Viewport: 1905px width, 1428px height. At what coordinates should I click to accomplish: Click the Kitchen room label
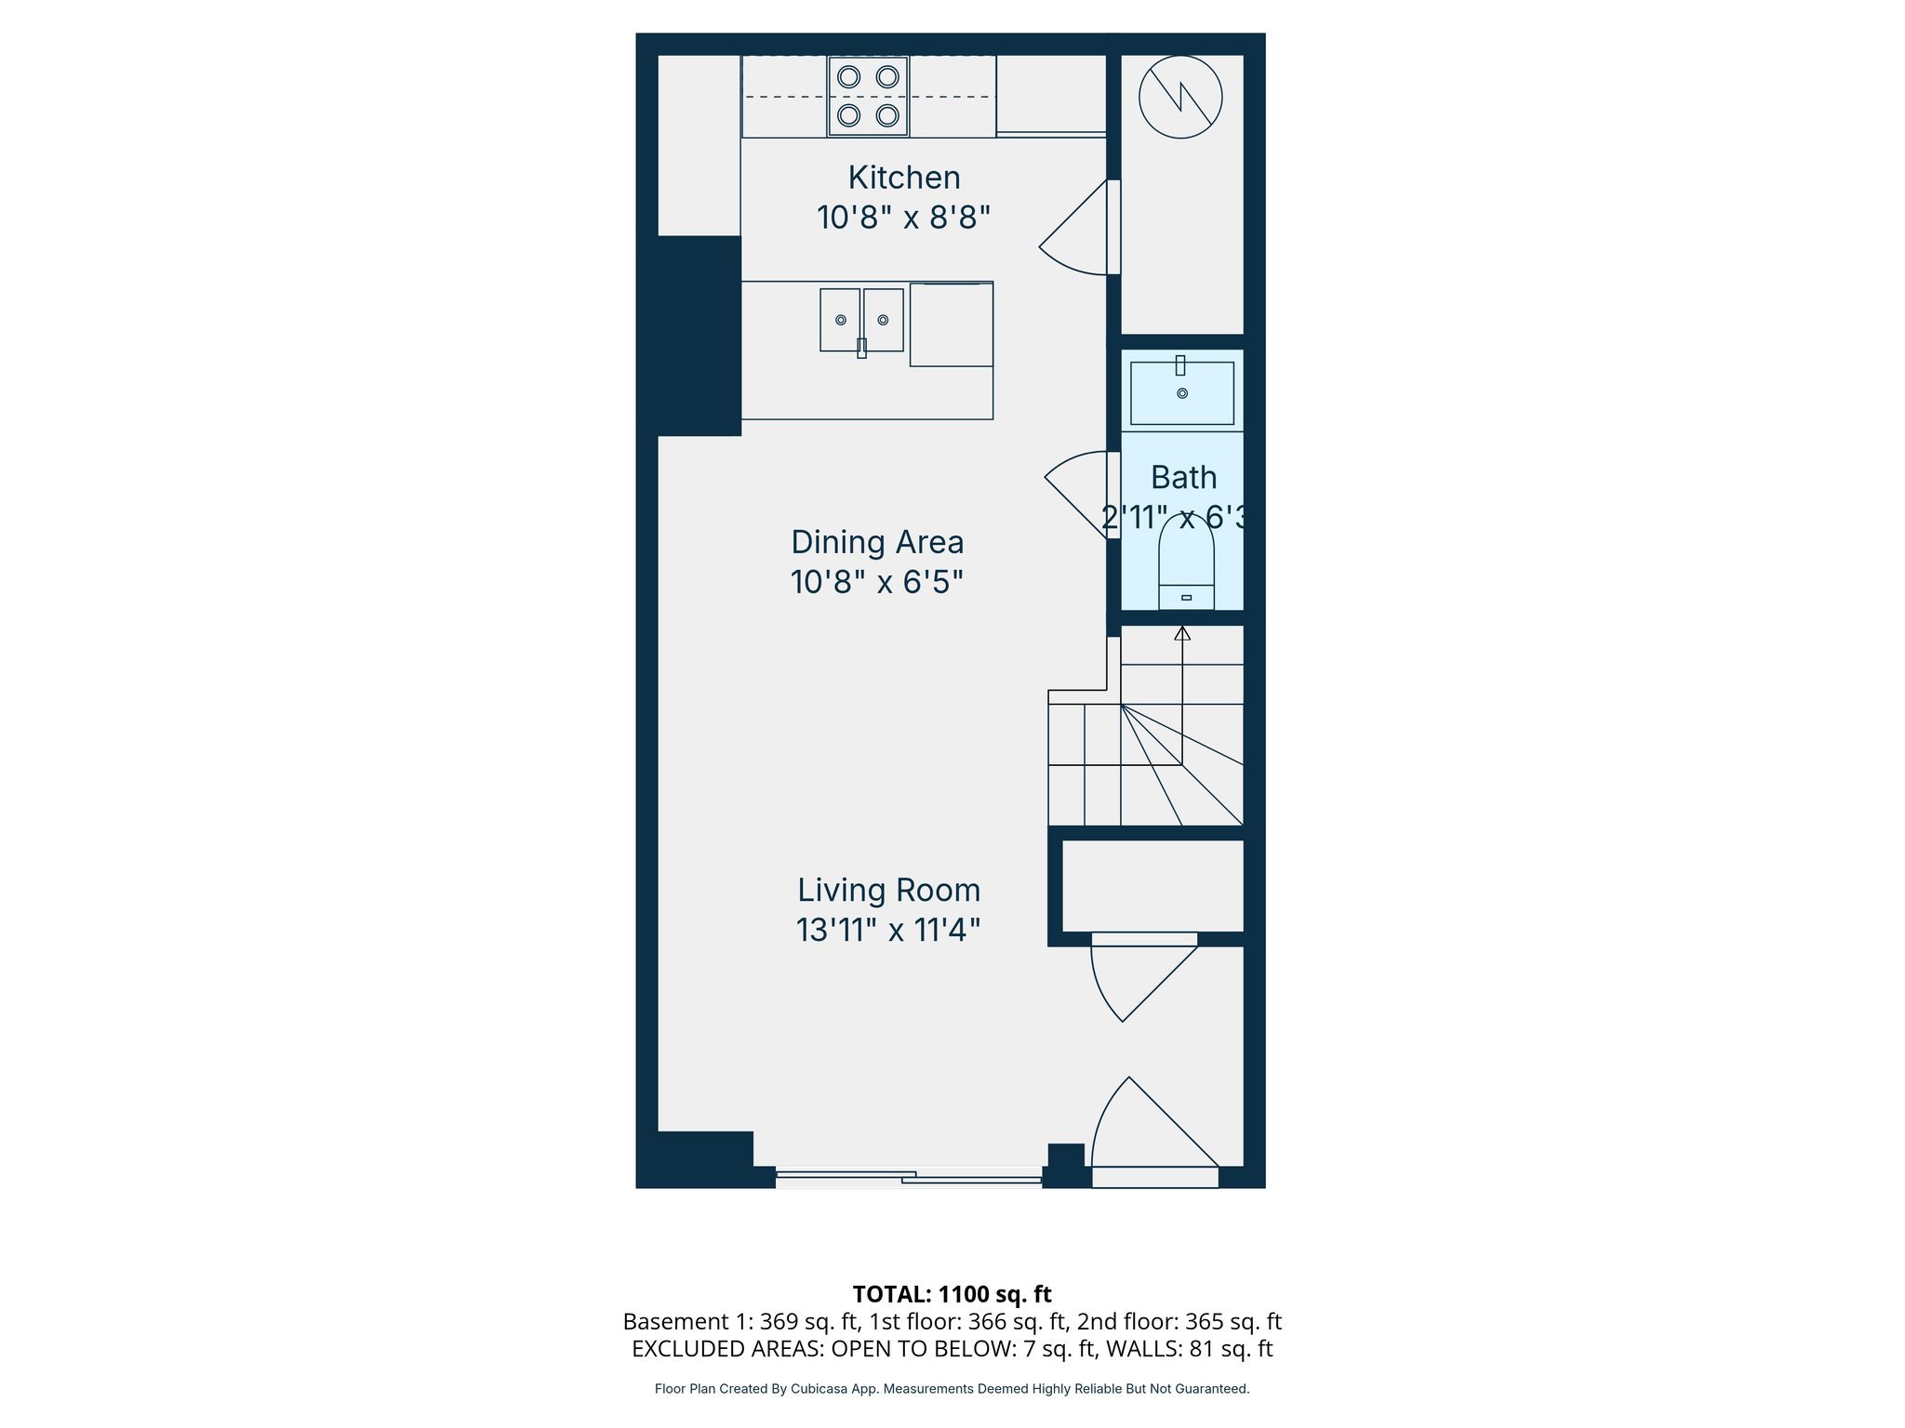tap(903, 178)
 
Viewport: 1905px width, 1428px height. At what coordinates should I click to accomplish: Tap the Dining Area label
tap(876, 542)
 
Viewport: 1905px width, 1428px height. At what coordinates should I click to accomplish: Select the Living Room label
tap(888, 890)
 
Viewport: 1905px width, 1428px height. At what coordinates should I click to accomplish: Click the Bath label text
tap(1183, 477)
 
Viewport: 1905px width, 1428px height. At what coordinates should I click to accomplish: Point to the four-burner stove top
tap(868, 97)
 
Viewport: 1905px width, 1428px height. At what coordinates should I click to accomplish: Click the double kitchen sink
tap(861, 320)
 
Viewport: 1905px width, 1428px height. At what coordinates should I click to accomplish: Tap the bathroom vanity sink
tap(1181, 393)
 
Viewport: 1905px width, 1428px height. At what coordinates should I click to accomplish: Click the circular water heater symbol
tap(1180, 97)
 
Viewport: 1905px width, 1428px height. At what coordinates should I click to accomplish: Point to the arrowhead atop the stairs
tap(1182, 633)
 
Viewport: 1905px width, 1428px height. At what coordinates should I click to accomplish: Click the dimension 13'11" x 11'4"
tap(888, 930)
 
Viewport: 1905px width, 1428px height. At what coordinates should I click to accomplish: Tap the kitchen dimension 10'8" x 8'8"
tap(903, 218)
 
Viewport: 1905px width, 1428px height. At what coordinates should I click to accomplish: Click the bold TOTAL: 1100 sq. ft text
tap(952, 1294)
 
